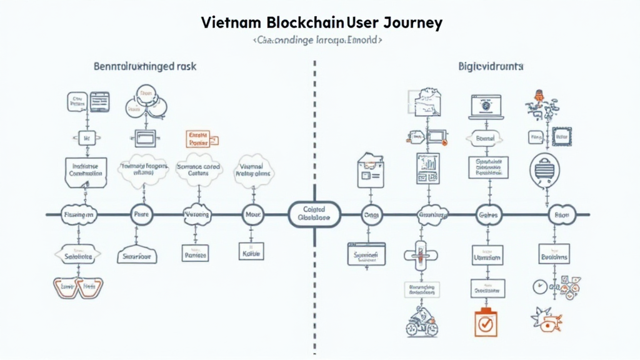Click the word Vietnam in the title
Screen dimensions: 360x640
tap(231, 23)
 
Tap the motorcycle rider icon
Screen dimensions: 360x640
tap(421, 321)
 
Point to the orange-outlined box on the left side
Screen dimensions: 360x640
tap(198, 139)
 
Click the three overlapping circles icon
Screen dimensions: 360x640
tap(146, 102)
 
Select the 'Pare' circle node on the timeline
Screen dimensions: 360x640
tap(140, 214)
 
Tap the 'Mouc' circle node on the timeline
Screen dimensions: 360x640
tap(252, 214)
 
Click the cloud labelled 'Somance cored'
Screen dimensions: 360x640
tap(198, 171)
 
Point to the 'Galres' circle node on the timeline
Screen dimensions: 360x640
tap(486, 214)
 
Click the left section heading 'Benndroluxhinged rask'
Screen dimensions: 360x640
tap(145, 66)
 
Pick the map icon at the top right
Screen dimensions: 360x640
tap(426, 101)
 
